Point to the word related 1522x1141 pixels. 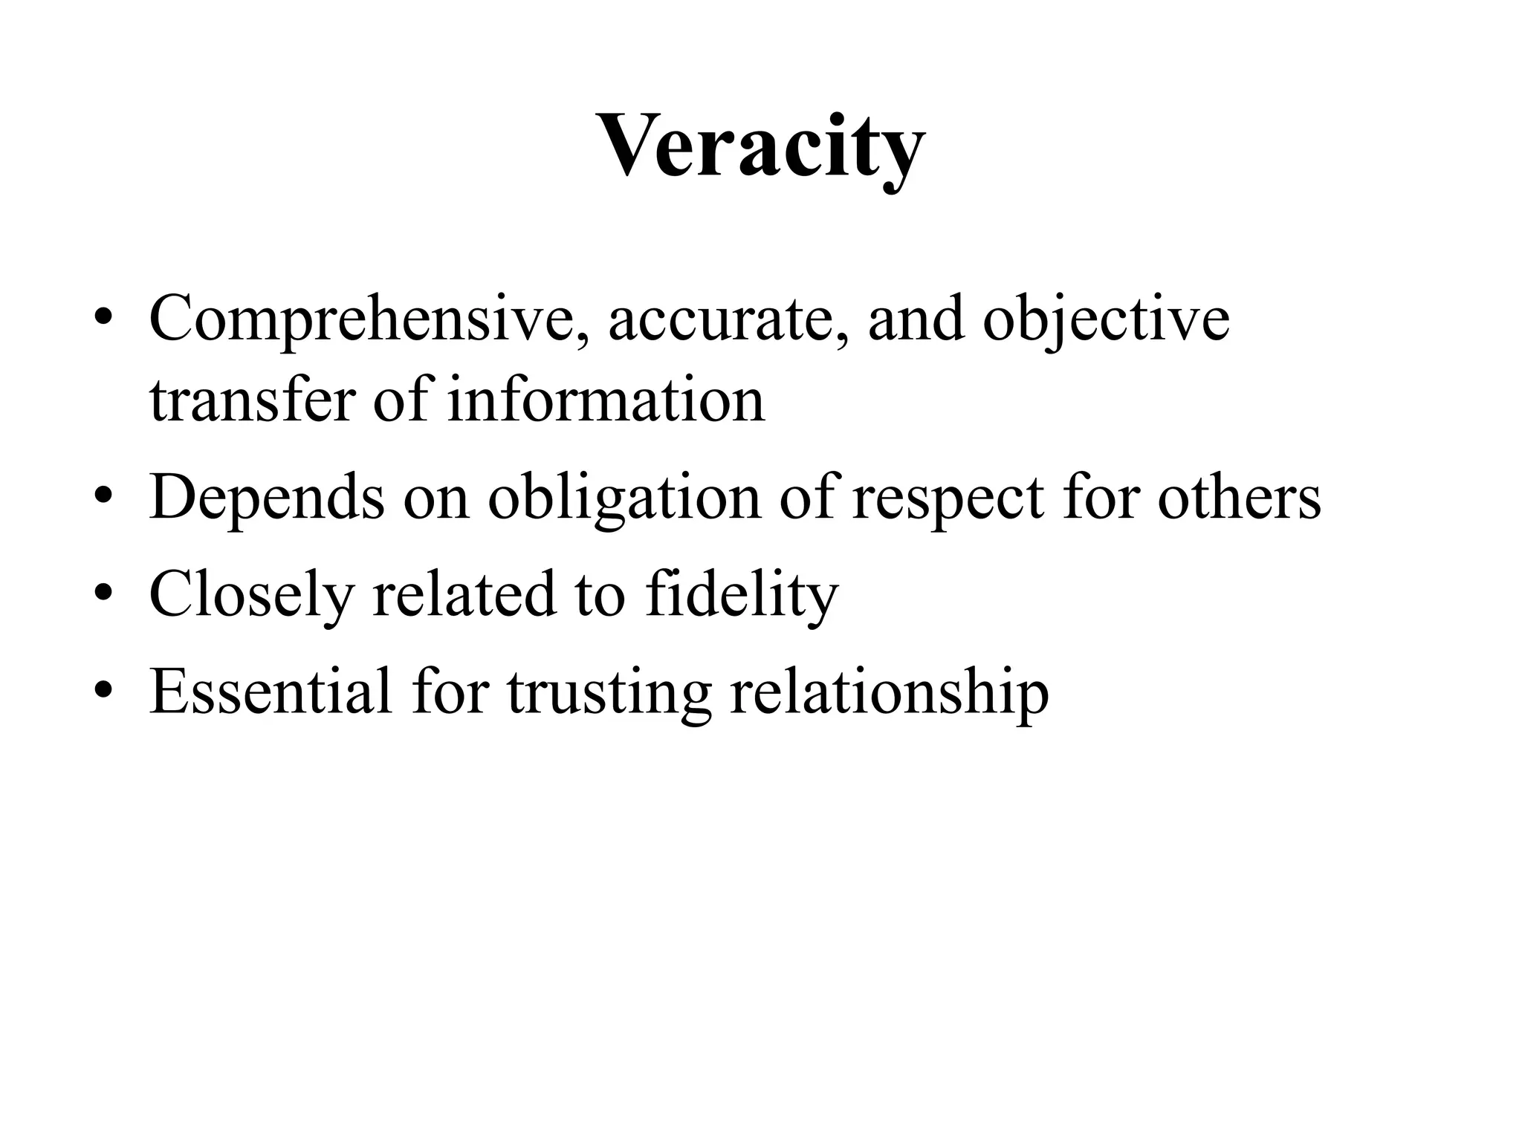(464, 594)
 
